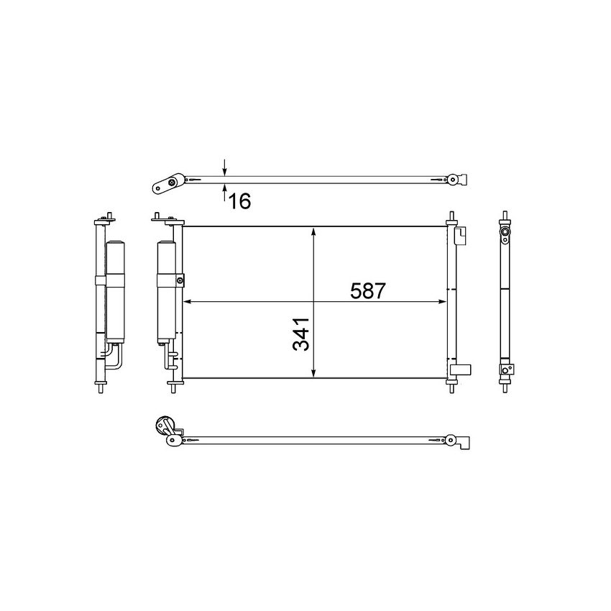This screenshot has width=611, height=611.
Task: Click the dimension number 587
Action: click(369, 291)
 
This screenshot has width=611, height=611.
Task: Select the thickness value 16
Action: click(239, 201)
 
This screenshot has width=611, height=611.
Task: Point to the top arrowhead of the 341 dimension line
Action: click(313, 231)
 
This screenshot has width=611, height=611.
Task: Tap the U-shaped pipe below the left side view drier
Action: click(115, 357)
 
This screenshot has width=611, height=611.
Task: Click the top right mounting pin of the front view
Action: click(451, 218)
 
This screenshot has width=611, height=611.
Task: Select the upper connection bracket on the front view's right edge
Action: click(462, 236)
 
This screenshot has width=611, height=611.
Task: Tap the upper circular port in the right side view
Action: click(506, 233)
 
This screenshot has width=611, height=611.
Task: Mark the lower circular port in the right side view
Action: click(506, 369)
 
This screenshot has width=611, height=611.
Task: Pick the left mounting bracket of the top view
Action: click(166, 184)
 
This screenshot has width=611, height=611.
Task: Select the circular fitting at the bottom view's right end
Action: click(451, 440)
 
